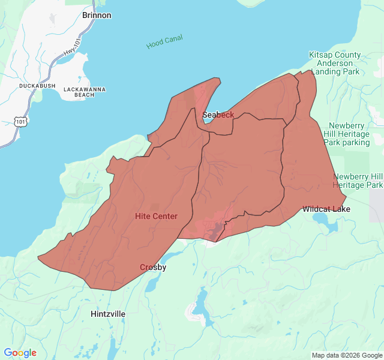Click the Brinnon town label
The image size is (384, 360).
tap(97, 15)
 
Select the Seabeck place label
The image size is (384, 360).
tap(218, 115)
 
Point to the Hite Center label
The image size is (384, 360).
tap(156, 216)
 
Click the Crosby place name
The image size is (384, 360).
tap(153, 267)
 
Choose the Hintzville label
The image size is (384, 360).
tap(108, 314)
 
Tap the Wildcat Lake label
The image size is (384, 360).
tap(326, 209)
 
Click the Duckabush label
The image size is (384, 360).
tap(37, 86)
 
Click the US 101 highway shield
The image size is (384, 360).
tap(21, 121)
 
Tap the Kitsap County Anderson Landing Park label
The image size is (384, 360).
tap(335, 63)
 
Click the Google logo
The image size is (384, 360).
tap(20, 353)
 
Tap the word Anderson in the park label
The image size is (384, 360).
tap(335, 63)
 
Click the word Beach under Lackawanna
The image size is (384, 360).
tap(85, 95)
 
